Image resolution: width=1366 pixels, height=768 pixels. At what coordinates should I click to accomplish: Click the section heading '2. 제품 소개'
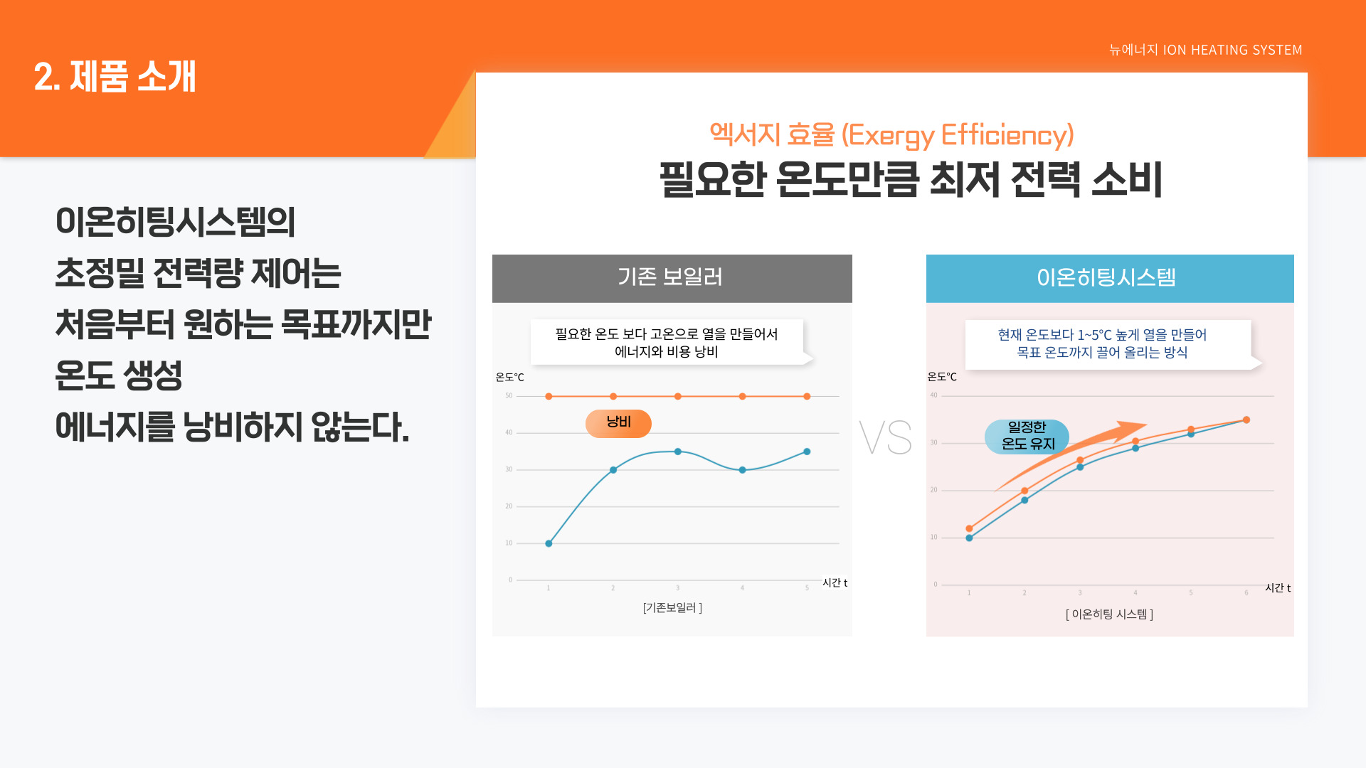115,76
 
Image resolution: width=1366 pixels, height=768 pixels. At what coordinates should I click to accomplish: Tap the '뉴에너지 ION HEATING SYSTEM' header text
1205,50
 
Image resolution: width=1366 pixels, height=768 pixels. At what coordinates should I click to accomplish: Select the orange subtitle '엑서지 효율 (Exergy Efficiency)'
891,135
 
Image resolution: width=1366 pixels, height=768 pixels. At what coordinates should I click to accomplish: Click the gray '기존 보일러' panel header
672,278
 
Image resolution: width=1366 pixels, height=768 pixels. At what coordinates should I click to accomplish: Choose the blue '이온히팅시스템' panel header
1110,278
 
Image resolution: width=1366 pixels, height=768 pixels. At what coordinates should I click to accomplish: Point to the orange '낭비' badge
618,423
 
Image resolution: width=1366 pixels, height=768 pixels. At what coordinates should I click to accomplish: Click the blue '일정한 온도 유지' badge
1027,436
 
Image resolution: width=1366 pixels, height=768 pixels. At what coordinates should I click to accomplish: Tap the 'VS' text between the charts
886,437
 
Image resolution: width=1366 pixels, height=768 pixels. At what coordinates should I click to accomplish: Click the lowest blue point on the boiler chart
549,543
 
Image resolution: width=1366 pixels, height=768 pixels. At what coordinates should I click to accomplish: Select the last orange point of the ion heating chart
1246,420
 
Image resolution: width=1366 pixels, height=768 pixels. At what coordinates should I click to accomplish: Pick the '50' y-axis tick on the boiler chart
509,395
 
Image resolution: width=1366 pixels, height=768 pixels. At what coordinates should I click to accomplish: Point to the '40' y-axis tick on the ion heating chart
933,395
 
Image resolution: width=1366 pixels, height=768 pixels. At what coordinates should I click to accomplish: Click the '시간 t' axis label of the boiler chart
835,582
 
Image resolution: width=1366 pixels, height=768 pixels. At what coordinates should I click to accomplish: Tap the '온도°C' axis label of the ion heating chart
942,376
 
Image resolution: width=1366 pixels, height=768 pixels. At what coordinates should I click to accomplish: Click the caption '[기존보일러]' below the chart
672,607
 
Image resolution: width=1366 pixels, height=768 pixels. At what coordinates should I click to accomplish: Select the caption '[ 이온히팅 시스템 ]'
1109,614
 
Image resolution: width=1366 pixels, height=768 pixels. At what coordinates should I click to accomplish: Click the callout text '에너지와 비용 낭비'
667,351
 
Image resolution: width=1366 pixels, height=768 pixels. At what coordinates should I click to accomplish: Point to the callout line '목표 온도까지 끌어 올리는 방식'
1102,352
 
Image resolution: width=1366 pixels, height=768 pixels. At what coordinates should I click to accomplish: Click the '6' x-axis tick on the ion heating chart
1246,592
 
